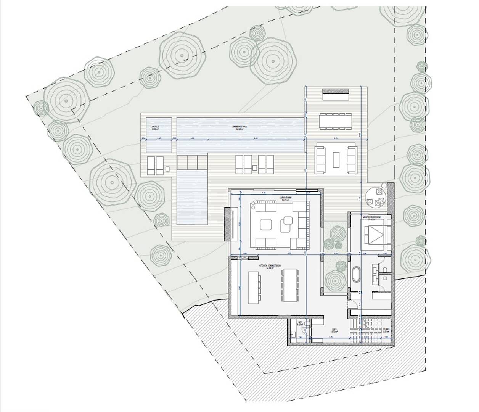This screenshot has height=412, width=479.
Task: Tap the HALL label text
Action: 334,329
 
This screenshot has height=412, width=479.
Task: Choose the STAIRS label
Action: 386,329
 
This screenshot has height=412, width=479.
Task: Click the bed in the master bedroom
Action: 376,235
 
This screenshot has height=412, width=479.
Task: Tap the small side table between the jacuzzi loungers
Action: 167,168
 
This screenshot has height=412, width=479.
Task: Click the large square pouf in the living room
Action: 266,225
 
